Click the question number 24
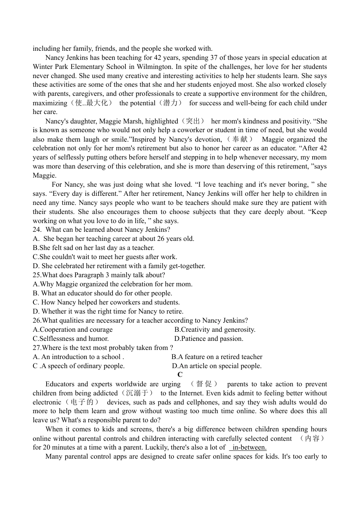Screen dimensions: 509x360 click(x=37, y=230)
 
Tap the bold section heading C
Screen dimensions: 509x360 click(x=180, y=375)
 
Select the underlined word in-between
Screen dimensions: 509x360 click(x=249, y=447)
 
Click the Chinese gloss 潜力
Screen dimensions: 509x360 click(x=170, y=103)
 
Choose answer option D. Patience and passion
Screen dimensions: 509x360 click(x=209, y=339)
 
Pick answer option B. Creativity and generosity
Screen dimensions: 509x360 click(x=215, y=329)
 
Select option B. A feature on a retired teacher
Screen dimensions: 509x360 click(x=217, y=357)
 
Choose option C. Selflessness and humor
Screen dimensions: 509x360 click(x=71, y=339)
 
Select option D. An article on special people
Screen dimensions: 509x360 click(x=217, y=366)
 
